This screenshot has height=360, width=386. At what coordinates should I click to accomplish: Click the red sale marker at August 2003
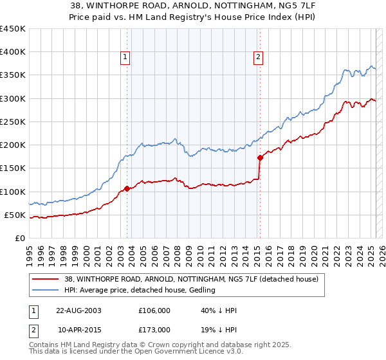pos(127,188)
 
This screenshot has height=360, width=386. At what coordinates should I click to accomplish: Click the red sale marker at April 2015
pos(260,157)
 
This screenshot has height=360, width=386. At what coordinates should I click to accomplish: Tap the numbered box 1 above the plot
pos(125,57)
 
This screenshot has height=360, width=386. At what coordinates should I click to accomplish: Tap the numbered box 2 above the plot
pos(258,57)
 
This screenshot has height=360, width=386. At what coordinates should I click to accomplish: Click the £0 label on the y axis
pos(19,238)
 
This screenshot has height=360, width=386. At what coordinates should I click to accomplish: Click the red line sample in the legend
pos(45,279)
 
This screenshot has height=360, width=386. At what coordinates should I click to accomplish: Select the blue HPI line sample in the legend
pos(45,291)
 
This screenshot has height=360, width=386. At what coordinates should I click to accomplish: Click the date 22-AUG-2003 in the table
pos(79,311)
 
